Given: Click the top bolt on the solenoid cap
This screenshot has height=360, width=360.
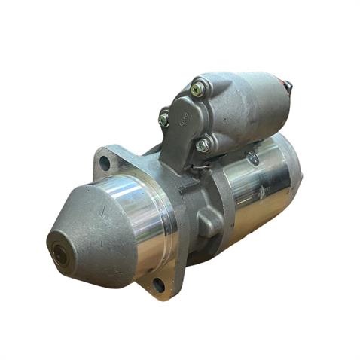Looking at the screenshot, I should pyautogui.click(x=197, y=89).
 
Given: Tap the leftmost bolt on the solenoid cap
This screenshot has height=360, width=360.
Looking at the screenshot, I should pyautogui.click(x=164, y=118).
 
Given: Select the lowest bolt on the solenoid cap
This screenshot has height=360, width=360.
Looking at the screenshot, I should pyautogui.click(x=203, y=144).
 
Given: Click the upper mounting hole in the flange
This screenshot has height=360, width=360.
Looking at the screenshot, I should pyautogui.click(x=105, y=162).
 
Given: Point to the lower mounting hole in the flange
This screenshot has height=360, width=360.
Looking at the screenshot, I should pyautogui.click(x=158, y=285).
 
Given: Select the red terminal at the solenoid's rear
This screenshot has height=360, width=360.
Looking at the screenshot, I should pyautogui.click(x=287, y=85).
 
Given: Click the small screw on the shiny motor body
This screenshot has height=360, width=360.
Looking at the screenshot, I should pyautogui.click(x=254, y=158).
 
